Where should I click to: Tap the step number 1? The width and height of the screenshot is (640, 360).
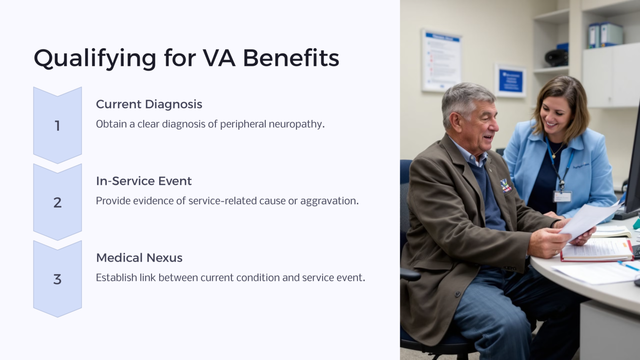[57, 125]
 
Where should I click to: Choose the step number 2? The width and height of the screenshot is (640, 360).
[57, 202]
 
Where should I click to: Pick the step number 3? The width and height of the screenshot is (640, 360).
[57, 279]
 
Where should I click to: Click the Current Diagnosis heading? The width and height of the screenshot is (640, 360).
[149, 104]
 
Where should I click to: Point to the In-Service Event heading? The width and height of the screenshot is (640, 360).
[144, 181]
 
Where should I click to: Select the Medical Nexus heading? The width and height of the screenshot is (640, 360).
[139, 258]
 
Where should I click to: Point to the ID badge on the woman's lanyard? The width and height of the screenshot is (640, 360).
[562, 196]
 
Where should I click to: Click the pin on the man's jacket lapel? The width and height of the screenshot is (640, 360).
[506, 185]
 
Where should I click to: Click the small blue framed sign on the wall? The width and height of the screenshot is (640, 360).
[510, 81]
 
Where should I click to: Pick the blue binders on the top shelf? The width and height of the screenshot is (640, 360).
[605, 35]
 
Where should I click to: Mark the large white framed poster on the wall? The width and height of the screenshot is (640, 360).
[441, 60]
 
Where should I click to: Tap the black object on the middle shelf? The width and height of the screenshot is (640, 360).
[556, 57]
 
